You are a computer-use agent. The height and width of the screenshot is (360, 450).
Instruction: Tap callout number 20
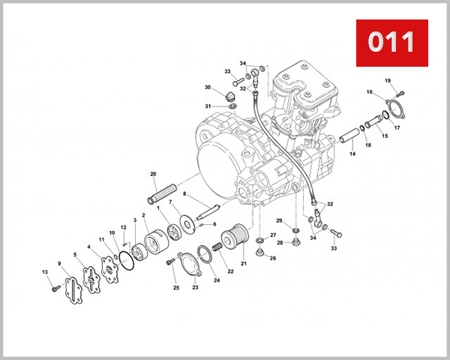(x=152, y=174)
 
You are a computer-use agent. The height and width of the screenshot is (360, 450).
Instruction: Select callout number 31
(x=208, y=106)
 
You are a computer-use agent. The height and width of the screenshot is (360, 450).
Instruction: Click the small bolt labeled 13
(x=54, y=287)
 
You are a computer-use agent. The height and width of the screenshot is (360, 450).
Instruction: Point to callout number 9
(x=60, y=263)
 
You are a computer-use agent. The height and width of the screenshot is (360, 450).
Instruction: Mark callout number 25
(x=176, y=287)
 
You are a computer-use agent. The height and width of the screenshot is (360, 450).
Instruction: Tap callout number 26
(x=272, y=259)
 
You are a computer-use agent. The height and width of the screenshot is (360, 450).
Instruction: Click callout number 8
(x=184, y=193)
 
